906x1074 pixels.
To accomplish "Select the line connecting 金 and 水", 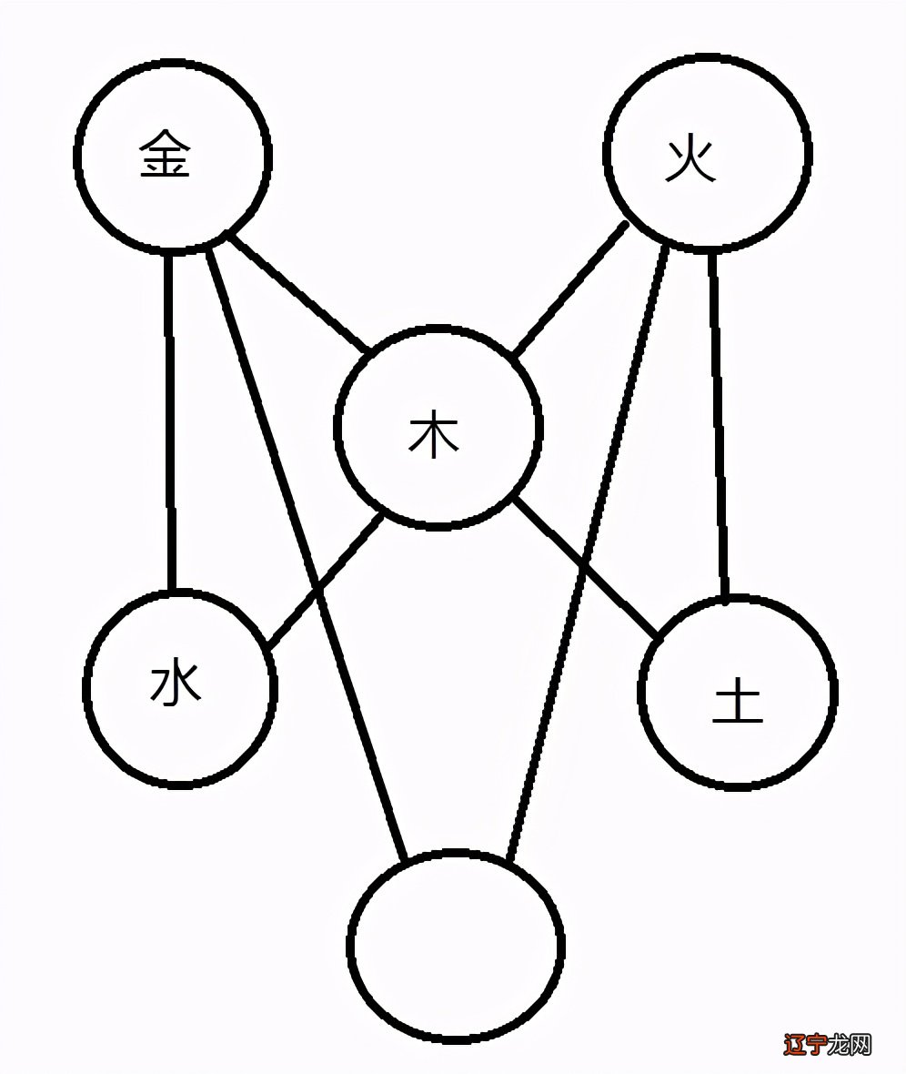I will pos(169,419).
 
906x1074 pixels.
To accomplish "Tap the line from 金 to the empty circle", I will pos(273,455).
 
